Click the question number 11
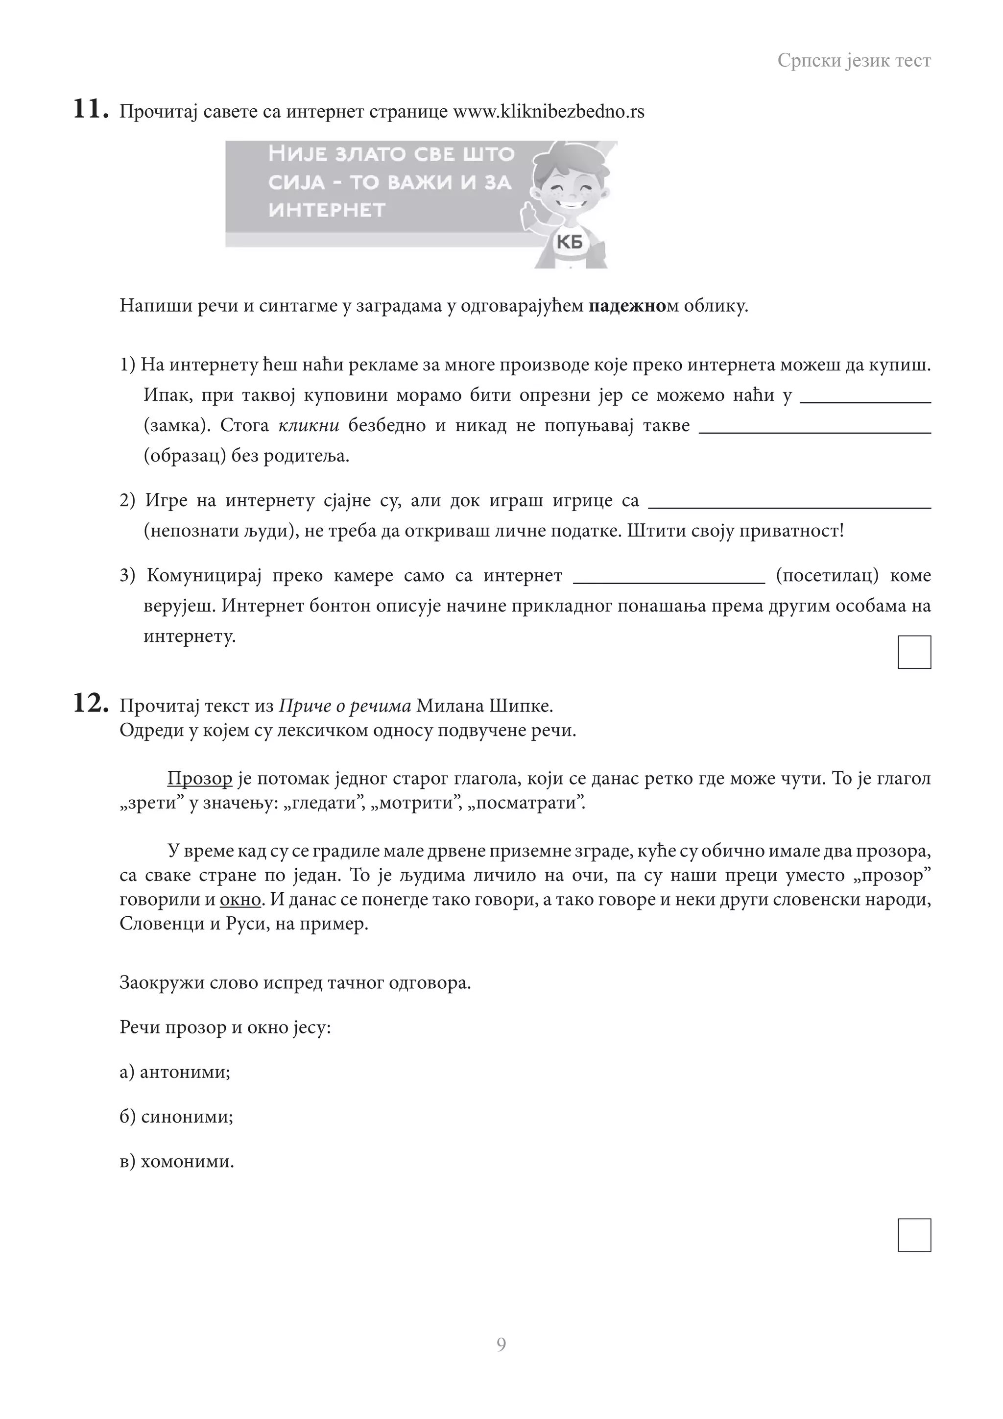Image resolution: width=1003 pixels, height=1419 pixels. (91, 110)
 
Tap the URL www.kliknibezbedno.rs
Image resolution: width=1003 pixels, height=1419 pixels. (549, 112)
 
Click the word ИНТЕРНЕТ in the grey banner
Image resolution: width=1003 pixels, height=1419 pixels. (327, 210)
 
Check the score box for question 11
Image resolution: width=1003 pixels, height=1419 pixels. (914, 652)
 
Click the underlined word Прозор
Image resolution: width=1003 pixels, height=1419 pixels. (199, 779)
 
